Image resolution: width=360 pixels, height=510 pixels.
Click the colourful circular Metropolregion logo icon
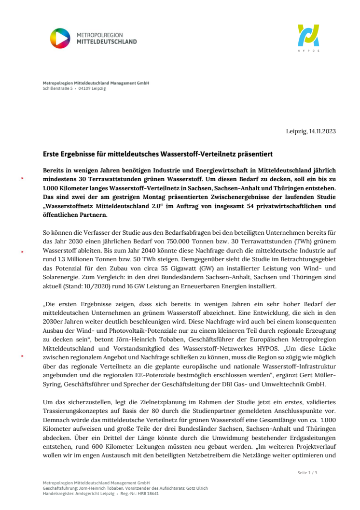(60, 38)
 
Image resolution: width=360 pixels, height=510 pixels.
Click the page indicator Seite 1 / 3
(307, 472)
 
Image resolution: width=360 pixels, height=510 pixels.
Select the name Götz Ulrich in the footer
(198, 488)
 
